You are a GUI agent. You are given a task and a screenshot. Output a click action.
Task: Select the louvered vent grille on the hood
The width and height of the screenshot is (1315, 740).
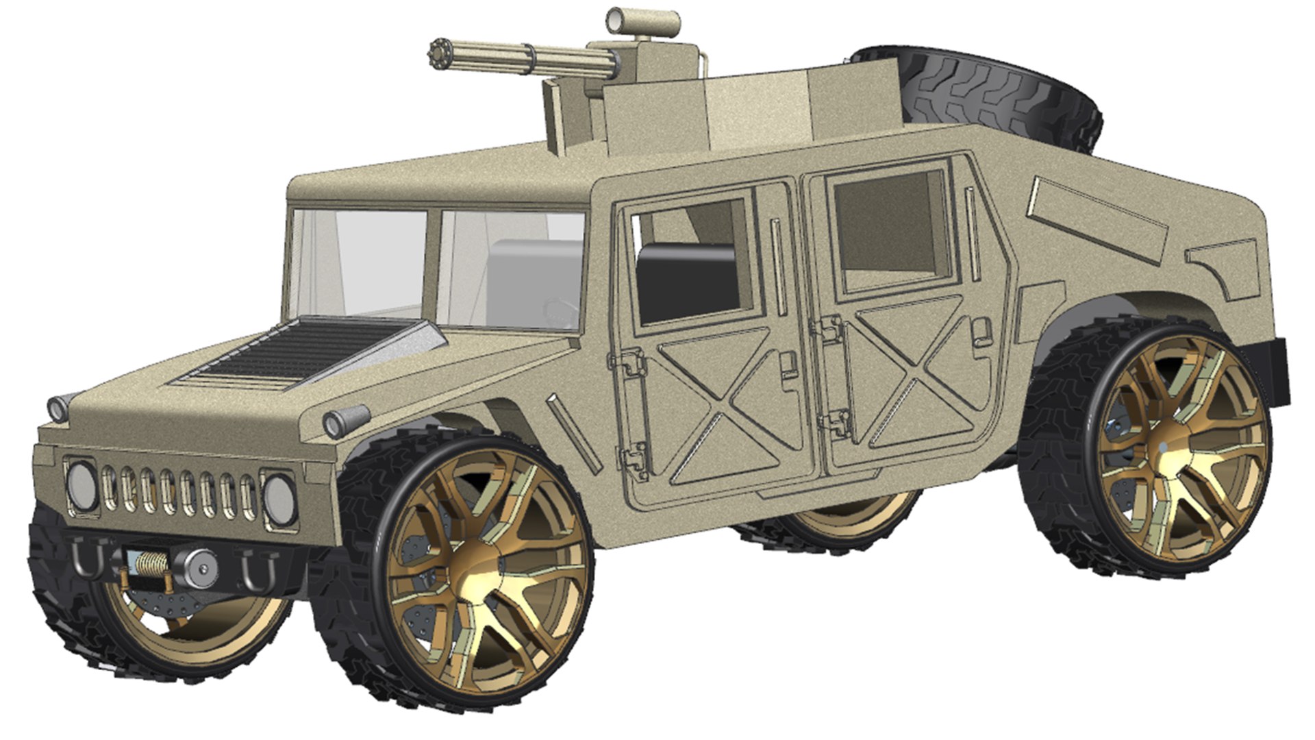pyautogui.click(x=295, y=353)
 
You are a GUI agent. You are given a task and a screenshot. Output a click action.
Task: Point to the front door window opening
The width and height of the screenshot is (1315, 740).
pyautogui.click(x=692, y=264)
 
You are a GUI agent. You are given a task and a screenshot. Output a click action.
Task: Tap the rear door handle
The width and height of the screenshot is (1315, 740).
pyautogui.click(x=981, y=332)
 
